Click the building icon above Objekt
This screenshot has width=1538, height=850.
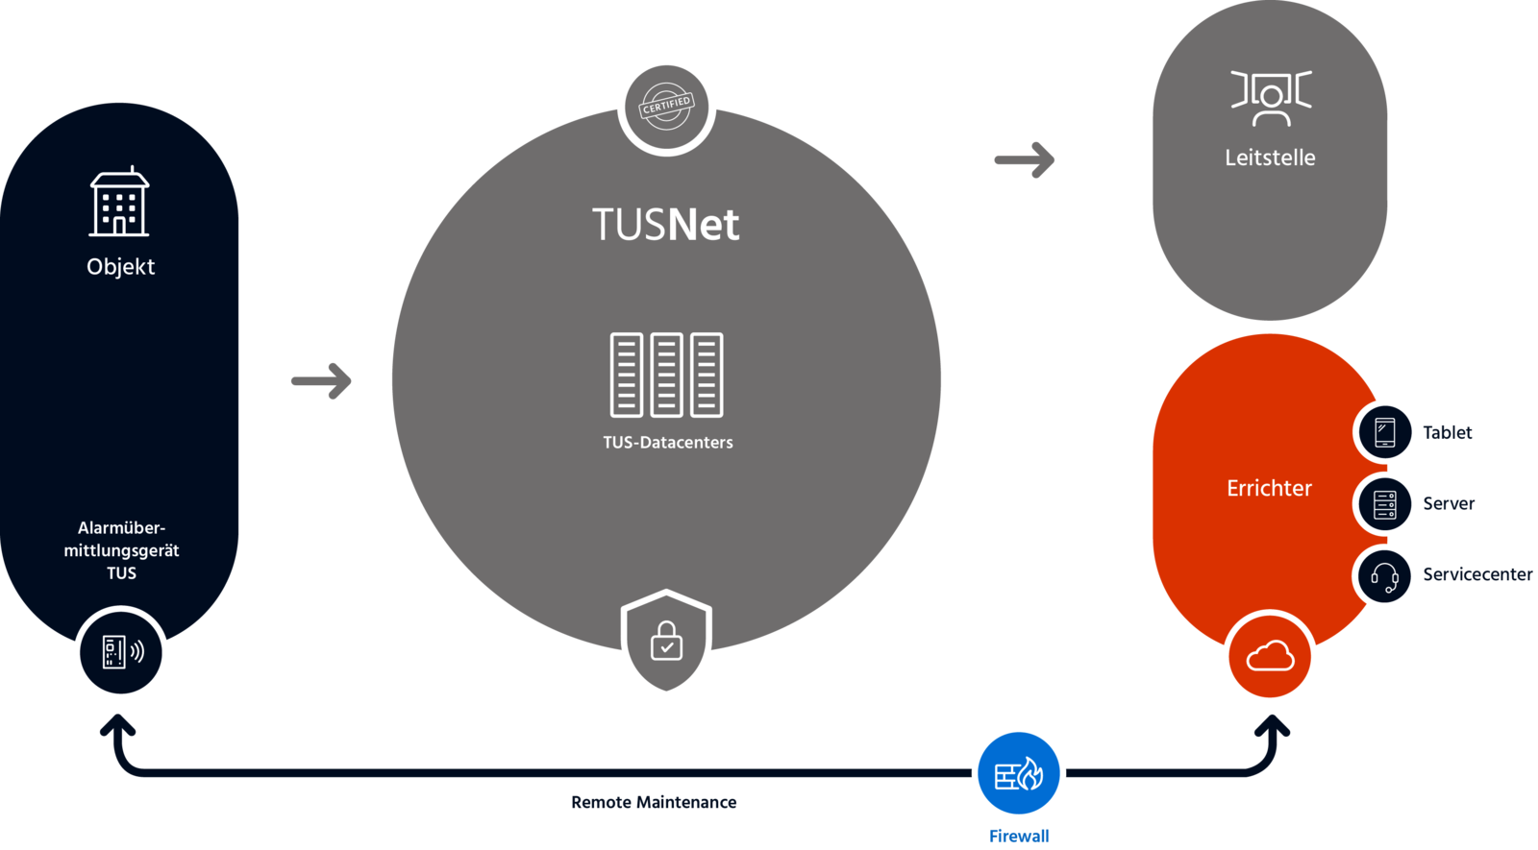119,203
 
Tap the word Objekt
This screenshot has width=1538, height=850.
120,267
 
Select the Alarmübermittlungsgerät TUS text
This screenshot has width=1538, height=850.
121,550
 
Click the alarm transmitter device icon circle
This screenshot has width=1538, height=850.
121,653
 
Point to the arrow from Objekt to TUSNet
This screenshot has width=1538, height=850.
321,380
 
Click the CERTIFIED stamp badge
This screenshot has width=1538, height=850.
666,106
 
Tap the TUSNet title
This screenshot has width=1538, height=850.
665,225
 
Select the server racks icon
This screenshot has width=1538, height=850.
666,375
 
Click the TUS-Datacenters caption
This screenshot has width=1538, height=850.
667,443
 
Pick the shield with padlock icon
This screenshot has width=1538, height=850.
666,641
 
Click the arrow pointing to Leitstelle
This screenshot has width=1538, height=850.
1025,159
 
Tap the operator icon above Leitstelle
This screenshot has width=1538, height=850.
1271,98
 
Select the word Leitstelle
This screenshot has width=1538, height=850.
1270,158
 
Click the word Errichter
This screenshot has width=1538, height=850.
1269,488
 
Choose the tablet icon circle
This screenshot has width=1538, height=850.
1385,432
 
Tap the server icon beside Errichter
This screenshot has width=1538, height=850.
1385,503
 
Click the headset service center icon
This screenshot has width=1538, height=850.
1385,576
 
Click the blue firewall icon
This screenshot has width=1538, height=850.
1018,774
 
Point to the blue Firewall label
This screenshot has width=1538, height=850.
1018,836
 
